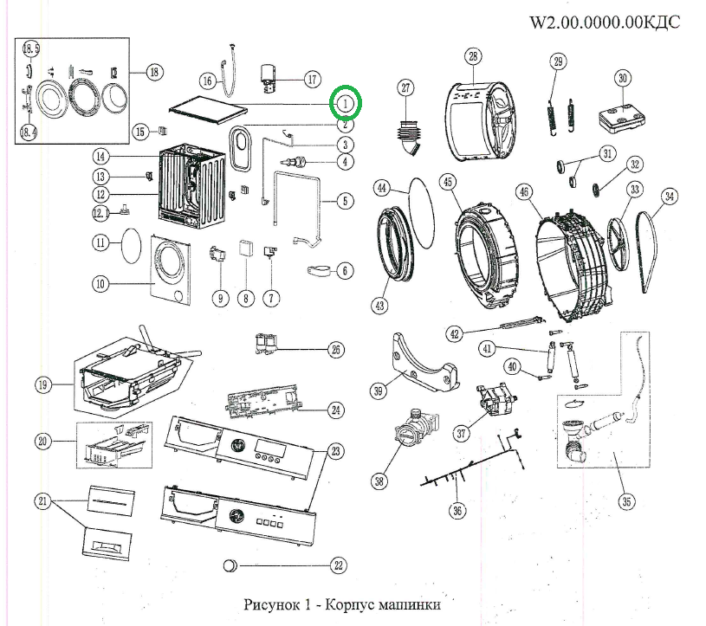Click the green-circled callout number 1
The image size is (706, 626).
point(346,103)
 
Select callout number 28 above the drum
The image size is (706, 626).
point(472,57)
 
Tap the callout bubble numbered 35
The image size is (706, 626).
point(625,500)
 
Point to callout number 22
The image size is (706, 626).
point(339,566)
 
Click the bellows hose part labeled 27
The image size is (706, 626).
point(408,139)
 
